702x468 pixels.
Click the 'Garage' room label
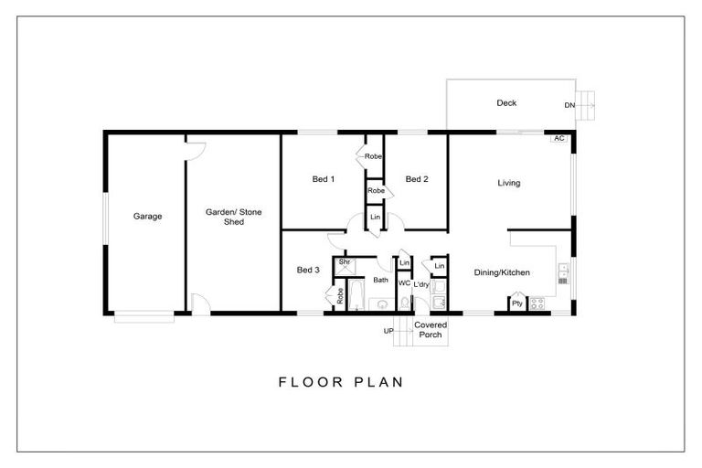tap(147, 217)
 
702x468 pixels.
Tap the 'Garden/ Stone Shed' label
tap(233, 217)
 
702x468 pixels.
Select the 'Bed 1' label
tap(322, 179)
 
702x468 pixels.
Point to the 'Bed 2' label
tap(417, 179)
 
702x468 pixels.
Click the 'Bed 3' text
tap(308, 270)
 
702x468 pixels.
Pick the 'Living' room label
tap(509, 183)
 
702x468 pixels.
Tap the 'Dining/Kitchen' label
tap(502, 272)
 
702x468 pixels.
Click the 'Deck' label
tap(506, 103)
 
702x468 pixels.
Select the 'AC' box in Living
tap(558, 138)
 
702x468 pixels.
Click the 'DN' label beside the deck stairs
tap(569, 105)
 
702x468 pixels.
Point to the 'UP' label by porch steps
tap(388, 330)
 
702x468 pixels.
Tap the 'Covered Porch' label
tap(430, 330)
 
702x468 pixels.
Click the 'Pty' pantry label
tap(517, 303)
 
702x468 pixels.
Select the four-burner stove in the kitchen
tap(537, 303)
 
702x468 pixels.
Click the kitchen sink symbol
tap(563, 273)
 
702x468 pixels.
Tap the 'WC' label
tap(403, 282)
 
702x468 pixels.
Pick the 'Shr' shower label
tap(345, 263)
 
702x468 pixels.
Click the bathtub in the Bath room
tap(355, 296)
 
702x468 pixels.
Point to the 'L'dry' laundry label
tap(421, 283)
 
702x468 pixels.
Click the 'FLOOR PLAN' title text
tap(341, 382)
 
